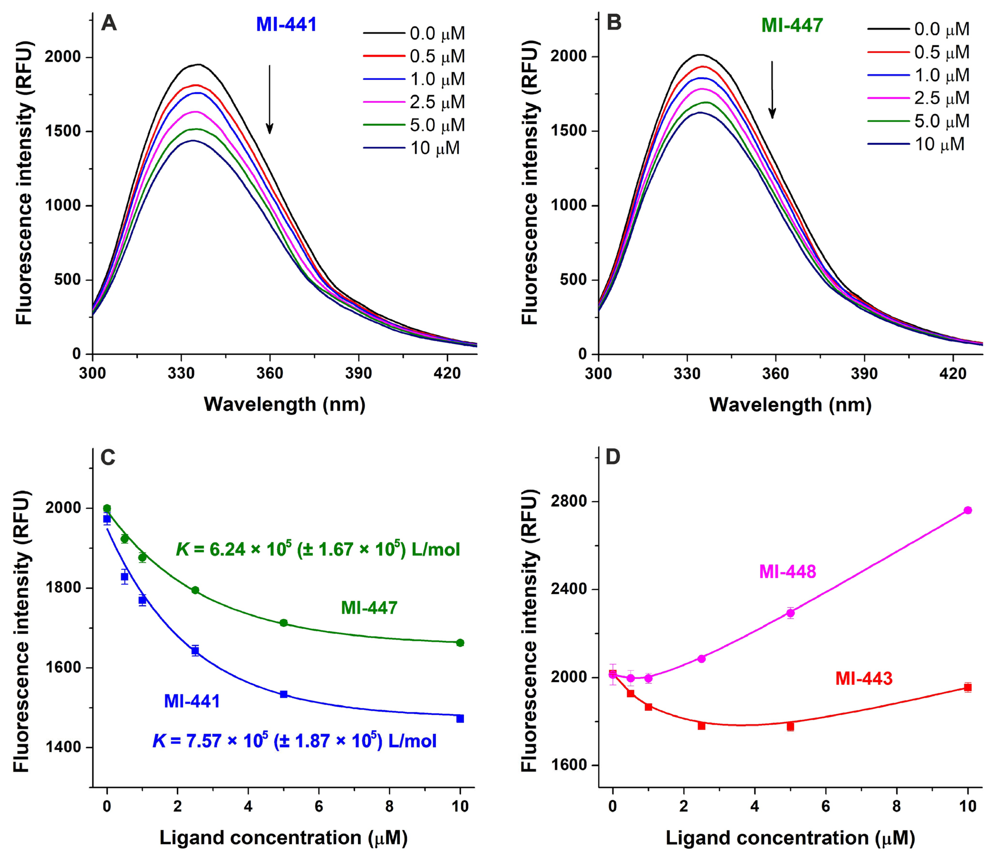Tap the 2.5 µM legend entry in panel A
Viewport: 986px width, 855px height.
click(x=414, y=102)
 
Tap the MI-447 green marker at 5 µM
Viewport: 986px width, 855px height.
click(x=284, y=623)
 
